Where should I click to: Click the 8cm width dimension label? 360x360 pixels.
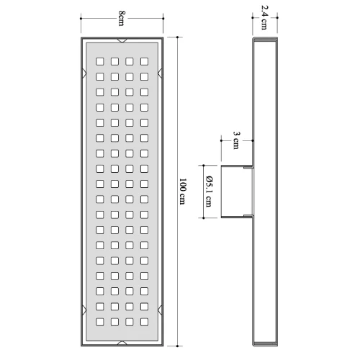coord(122,18)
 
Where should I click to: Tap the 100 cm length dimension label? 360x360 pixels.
coord(183,192)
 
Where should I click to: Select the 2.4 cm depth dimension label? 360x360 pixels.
coord(264,17)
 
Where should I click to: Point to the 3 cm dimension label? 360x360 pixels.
coord(236,140)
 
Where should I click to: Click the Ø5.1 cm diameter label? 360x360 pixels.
coord(209,192)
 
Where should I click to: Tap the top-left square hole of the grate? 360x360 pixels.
coord(100,61)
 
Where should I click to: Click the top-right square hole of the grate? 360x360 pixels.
coord(144,61)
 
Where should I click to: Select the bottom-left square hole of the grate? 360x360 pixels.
coord(100,322)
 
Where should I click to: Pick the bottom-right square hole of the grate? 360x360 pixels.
coord(144,322)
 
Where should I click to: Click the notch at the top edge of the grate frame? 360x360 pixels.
coord(122,40)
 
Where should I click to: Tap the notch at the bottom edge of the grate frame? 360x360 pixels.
coord(122,343)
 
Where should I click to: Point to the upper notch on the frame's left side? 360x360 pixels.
coord(84,73)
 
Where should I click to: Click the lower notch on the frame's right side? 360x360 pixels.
coord(160,310)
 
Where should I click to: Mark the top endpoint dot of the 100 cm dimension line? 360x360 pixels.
coord(177,37)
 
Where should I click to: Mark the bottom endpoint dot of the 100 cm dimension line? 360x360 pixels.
coord(177,346)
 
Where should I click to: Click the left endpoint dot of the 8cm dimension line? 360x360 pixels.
coord(81,18)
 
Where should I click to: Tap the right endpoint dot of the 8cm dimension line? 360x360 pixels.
coord(163,18)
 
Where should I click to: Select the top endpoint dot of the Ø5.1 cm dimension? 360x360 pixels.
coord(204,166)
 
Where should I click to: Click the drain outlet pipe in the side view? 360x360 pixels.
coord(237,192)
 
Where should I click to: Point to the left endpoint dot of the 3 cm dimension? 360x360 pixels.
coord(221,140)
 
